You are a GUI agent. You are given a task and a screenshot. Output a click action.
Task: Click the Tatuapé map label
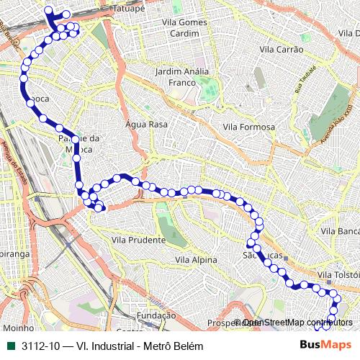(130, 9)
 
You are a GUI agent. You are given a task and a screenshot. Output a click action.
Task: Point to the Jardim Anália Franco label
(182, 77)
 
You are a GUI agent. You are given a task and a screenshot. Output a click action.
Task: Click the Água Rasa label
(146, 124)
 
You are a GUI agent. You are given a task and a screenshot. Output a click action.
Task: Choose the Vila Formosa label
(249, 127)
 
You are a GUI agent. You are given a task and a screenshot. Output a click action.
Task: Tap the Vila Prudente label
(139, 240)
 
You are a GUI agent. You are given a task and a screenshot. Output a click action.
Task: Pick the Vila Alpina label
(197, 259)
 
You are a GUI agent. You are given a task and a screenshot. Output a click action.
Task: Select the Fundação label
(156, 315)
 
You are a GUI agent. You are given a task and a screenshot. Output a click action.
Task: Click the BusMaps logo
(325, 345)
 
